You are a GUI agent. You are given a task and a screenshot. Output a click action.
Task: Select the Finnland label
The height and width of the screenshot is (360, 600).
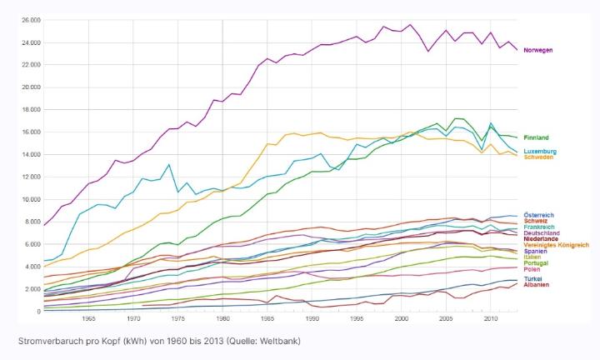[537, 137]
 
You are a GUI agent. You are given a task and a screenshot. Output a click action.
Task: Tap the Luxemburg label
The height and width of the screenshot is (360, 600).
[540, 152]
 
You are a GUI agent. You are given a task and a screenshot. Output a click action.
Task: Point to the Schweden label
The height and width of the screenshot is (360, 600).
[538, 157]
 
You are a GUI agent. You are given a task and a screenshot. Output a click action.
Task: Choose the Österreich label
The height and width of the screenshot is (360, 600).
[538, 215]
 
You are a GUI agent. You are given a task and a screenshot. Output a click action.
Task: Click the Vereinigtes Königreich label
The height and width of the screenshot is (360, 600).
[556, 245]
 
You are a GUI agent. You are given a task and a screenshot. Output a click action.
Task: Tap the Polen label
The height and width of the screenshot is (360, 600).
[532, 270]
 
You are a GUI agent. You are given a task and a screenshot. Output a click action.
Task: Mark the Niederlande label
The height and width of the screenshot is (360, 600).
[541, 239]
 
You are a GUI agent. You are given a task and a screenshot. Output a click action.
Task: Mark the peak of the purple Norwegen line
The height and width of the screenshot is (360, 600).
[410, 24]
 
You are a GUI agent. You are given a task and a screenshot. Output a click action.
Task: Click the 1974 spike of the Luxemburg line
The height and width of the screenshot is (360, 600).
[169, 164]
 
